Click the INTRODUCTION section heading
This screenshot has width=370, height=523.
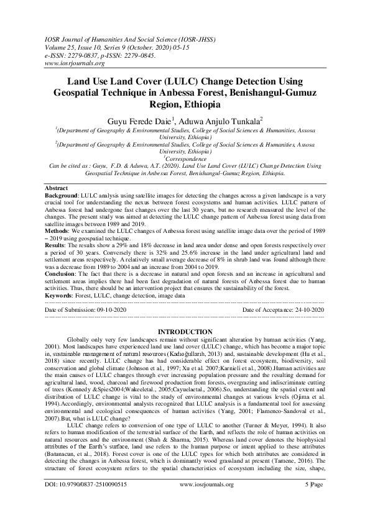coord(185,331)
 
